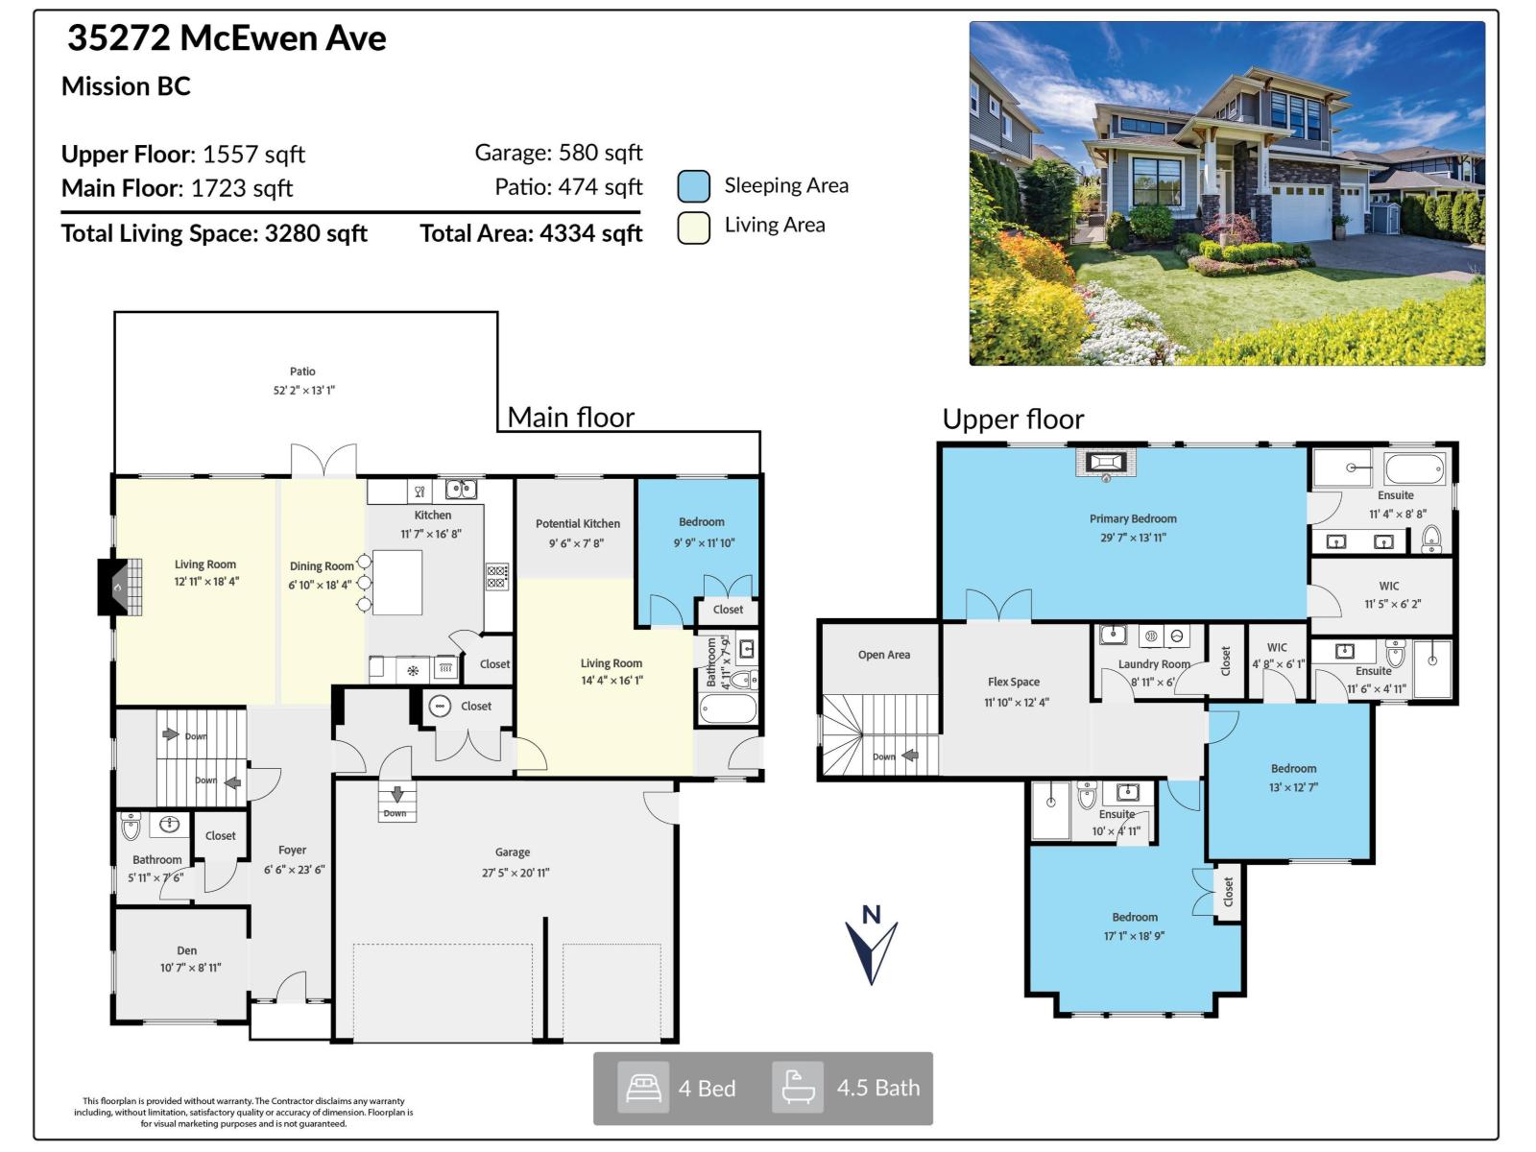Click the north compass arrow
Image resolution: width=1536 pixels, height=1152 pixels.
pos(871,950)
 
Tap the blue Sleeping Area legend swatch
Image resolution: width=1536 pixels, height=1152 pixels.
pos(693,186)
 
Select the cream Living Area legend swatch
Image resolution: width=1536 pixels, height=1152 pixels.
pos(693,228)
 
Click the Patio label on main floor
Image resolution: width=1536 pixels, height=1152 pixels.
pos(302,372)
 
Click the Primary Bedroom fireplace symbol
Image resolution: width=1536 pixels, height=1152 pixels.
pos(1105,463)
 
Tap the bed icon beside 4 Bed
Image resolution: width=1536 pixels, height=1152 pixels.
pos(642,1088)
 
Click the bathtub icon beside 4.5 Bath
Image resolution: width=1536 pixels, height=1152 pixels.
pos(798,1088)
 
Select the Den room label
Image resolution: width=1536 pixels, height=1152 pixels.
pos(187,950)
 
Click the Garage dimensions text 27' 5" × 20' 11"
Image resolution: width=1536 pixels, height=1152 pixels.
pos(516,873)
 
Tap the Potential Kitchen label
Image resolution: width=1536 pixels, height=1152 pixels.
pos(577,523)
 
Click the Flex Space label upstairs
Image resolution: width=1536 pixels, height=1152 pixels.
pos(1013,682)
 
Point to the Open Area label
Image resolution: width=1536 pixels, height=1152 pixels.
pos(883,655)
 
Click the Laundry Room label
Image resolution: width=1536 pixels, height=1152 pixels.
pos(1153,664)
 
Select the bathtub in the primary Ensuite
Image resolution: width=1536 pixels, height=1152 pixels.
pos(1414,469)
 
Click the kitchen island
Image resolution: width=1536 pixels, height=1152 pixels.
pos(396,583)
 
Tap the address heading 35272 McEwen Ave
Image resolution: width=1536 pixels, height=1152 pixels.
pos(227,38)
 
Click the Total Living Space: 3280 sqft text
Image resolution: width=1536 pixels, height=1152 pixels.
pos(214,233)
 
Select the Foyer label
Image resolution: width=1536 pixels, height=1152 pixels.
pos(292,851)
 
